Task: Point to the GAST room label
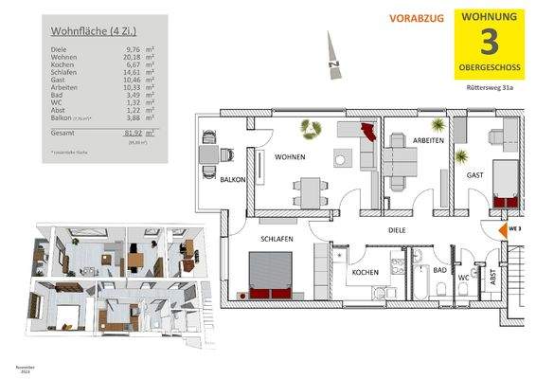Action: pyautogui.click(x=475, y=175)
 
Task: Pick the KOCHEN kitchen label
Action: pyautogui.click(x=366, y=273)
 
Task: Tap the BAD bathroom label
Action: pyautogui.click(x=438, y=270)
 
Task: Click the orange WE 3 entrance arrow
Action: pyautogui.click(x=504, y=229)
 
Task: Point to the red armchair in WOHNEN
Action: pyautogui.click(x=367, y=136)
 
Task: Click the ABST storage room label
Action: pyautogui.click(x=491, y=280)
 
